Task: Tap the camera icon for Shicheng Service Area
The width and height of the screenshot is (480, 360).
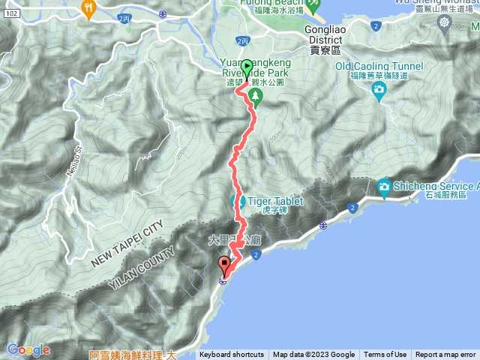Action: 384,185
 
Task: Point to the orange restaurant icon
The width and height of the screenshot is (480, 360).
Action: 89,9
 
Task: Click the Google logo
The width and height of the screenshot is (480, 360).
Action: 28,349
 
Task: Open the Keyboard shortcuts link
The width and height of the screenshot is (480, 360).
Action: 231,355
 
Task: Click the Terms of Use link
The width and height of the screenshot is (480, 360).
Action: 385,355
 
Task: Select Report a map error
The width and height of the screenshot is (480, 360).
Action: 445,355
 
